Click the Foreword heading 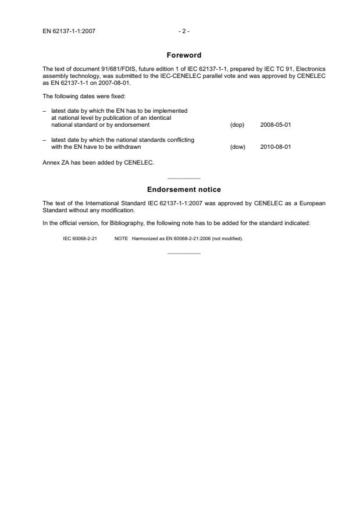(184, 55)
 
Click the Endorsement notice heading (184, 190)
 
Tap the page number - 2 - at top (183, 31)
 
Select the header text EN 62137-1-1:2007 (69, 31)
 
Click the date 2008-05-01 (276, 125)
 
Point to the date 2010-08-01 (276, 147)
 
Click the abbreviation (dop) (237, 125)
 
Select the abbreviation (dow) (238, 147)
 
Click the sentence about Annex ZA (98, 162)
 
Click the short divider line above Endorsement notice (184, 177)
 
